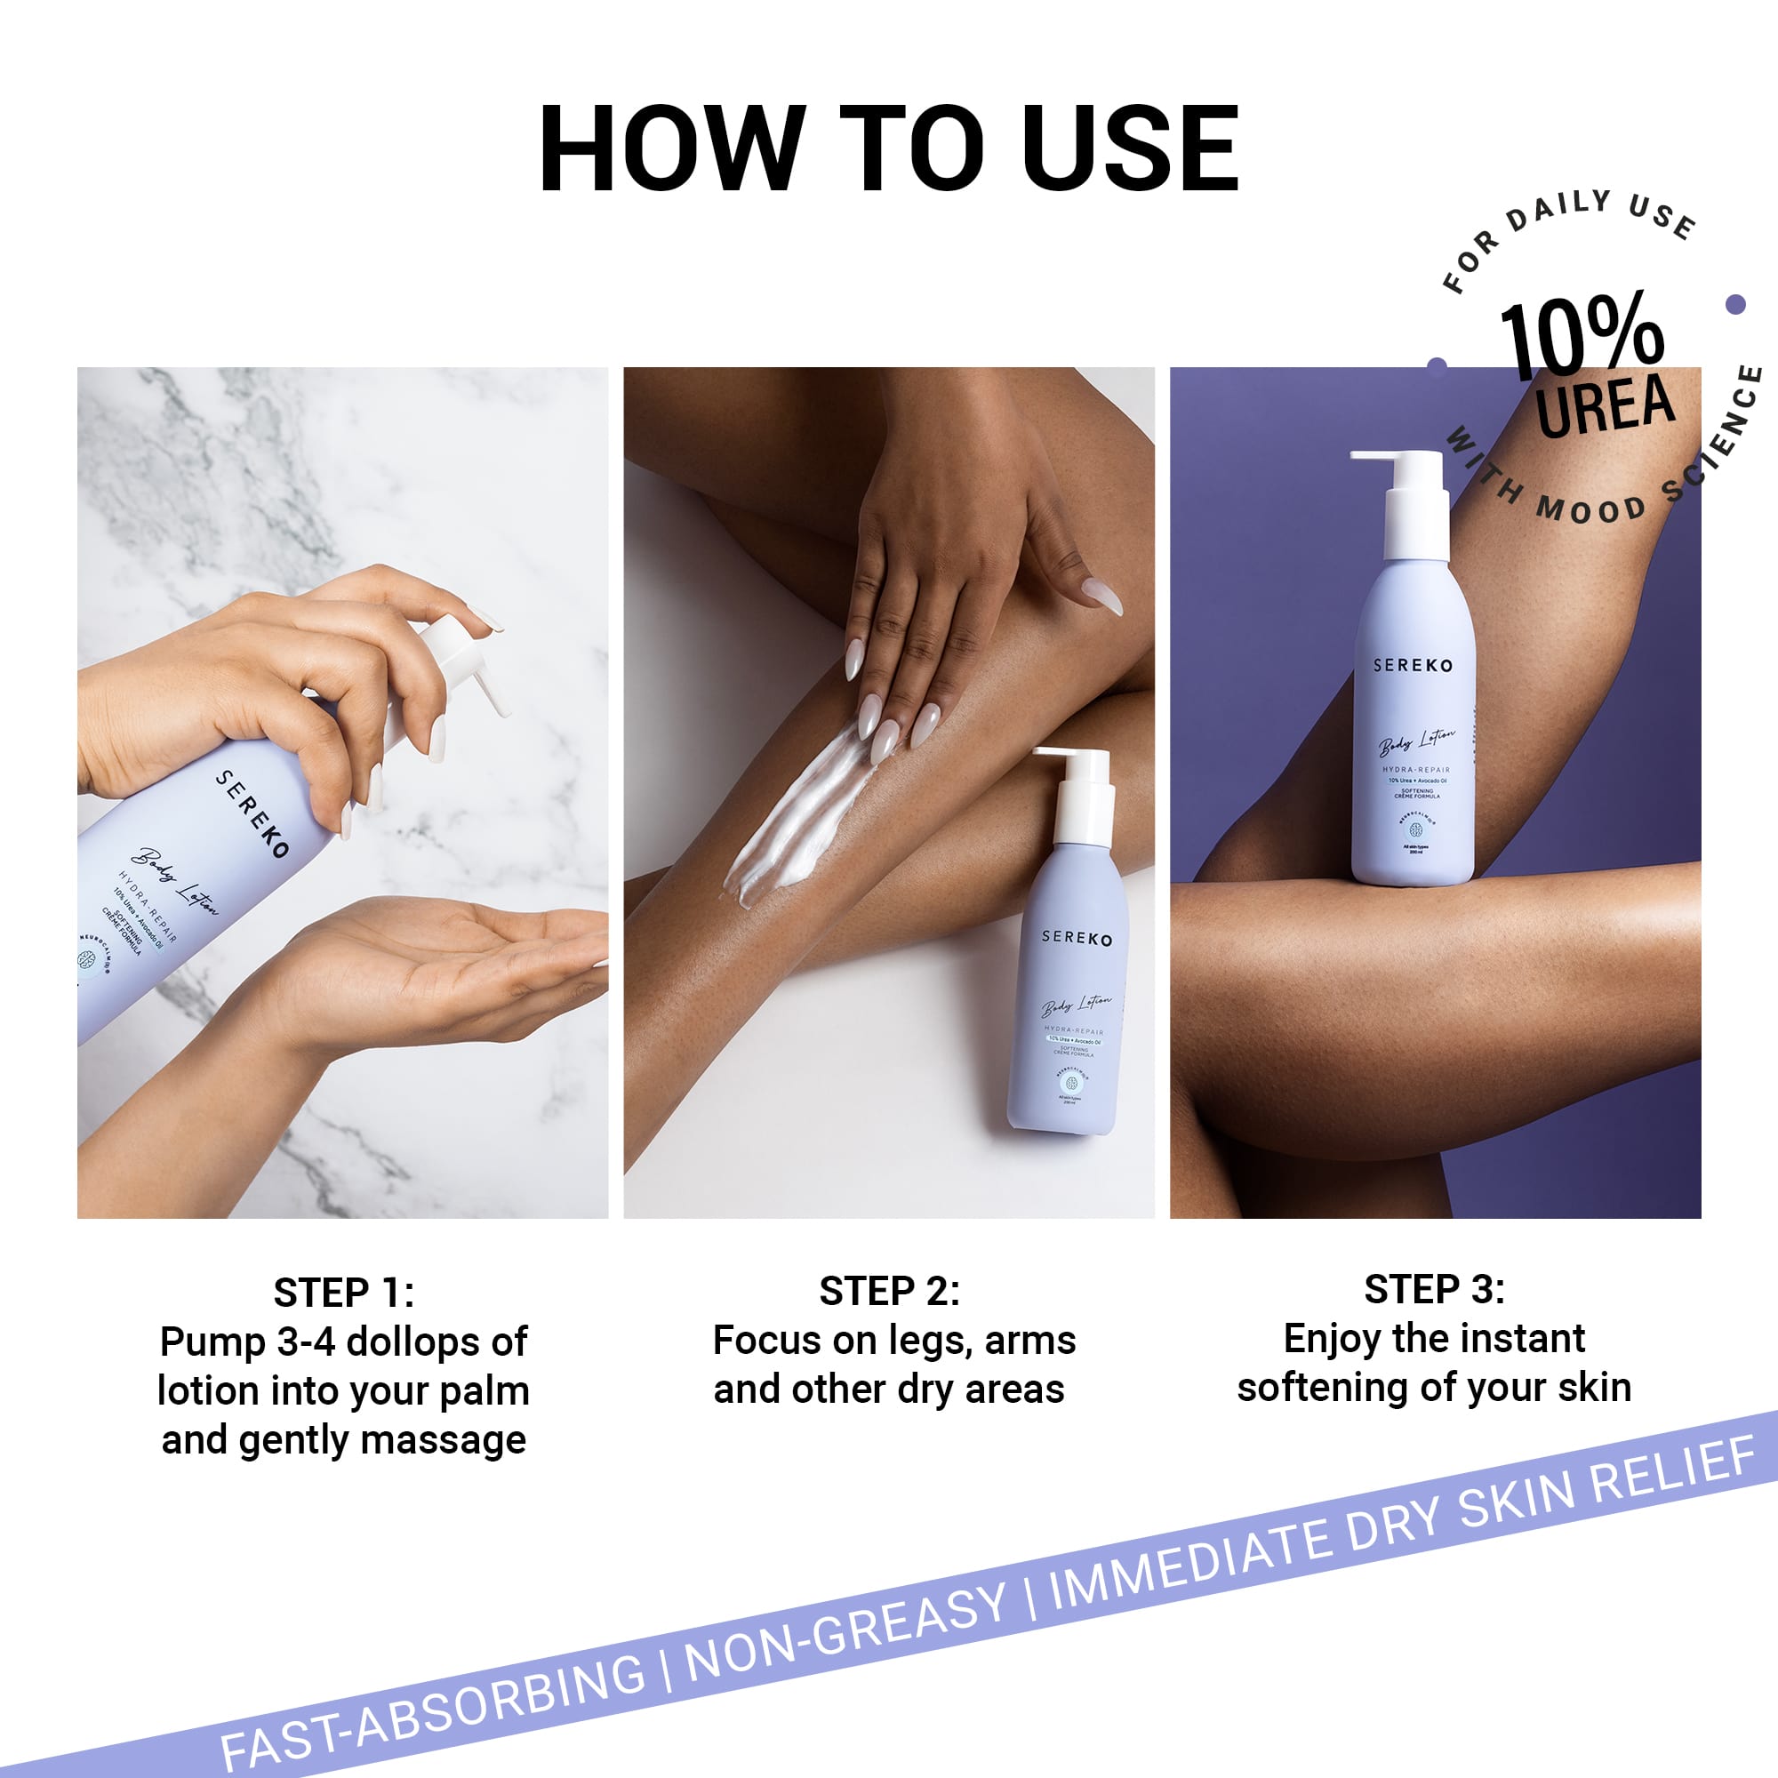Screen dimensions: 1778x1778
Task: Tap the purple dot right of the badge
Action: coord(1734,304)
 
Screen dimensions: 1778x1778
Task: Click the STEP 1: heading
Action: coord(343,1293)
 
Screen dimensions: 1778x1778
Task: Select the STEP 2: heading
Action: coord(889,1291)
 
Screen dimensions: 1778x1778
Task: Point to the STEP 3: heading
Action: coord(1434,1289)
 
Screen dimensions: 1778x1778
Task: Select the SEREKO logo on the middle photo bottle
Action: coord(1077,938)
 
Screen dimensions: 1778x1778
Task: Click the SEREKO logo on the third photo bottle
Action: coord(1413,664)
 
